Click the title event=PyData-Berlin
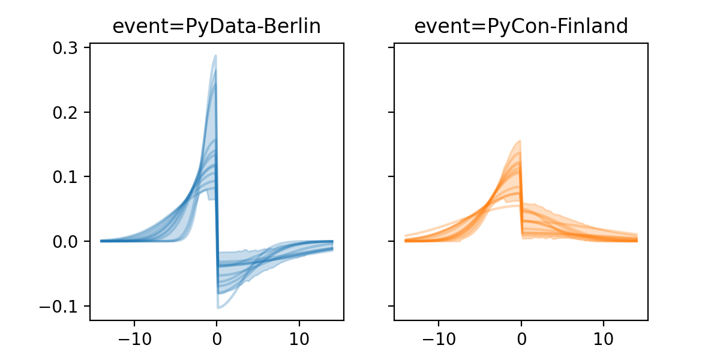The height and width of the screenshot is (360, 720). [217, 26]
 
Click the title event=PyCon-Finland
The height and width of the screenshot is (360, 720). [521, 26]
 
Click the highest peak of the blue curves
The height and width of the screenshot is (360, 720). [215, 56]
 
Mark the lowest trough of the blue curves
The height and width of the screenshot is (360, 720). [218, 308]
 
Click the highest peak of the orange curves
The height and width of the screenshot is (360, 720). [520, 141]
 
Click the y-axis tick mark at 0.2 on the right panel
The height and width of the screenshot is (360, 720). [392, 112]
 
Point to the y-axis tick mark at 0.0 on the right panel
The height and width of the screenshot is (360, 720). [392, 241]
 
